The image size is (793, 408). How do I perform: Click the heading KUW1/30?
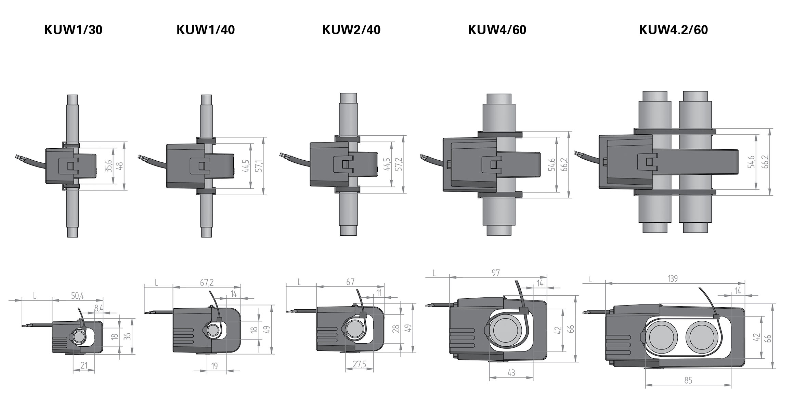(73, 30)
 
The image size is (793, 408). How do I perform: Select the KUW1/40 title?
(206, 30)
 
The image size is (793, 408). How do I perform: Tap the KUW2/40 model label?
(351, 30)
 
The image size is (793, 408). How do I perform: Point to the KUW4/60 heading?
(497, 30)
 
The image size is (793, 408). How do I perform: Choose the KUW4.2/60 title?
(673, 30)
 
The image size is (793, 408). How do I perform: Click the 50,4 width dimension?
(77, 295)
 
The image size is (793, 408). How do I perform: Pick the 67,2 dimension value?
(207, 282)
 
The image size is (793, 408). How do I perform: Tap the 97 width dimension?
(496, 273)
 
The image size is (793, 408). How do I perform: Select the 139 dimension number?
(673, 279)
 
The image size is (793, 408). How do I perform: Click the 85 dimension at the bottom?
(688, 380)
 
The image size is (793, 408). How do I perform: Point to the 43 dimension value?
(511, 373)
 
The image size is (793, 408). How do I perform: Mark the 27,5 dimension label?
(359, 364)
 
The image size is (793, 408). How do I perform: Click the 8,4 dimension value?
(99, 308)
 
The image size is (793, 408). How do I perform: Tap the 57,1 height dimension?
(259, 165)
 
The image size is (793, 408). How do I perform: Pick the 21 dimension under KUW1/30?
(84, 366)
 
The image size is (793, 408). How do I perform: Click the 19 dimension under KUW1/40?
(214, 366)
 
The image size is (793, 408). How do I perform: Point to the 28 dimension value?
(396, 329)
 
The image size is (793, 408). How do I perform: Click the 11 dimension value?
(379, 293)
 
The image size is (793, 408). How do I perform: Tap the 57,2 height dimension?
(399, 164)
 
